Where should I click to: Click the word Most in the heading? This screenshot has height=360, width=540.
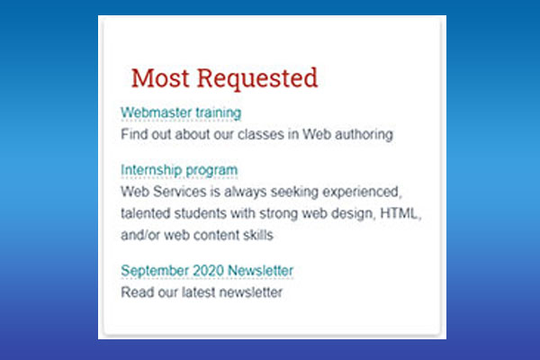[x=160, y=78]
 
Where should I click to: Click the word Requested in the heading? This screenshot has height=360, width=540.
[x=257, y=79]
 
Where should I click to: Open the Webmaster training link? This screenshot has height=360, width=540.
[x=181, y=113]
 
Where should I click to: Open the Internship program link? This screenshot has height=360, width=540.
[x=179, y=170]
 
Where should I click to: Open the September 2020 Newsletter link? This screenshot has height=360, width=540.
[x=207, y=270]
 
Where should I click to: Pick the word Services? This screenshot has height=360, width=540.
[x=179, y=192]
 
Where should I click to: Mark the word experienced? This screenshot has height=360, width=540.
[x=362, y=193]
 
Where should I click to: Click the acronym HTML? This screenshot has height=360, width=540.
[x=400, y=213]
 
